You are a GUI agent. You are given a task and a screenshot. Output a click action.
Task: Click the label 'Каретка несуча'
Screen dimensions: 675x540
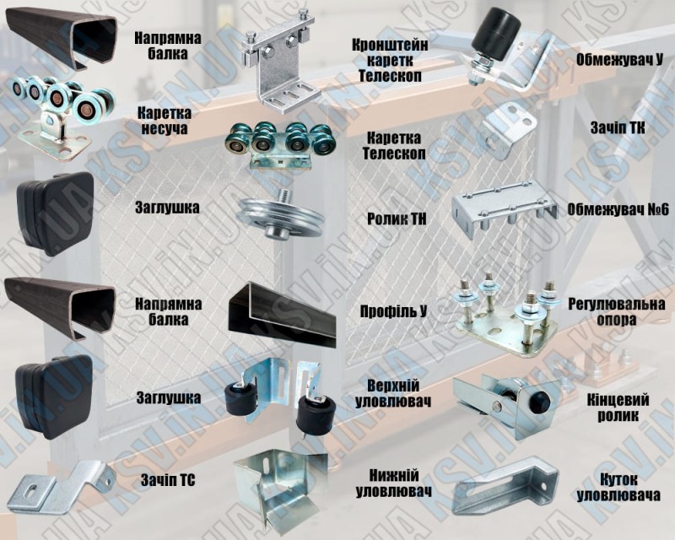click(164, 121)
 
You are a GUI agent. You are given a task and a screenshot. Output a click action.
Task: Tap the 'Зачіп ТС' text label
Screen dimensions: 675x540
click(168, 480)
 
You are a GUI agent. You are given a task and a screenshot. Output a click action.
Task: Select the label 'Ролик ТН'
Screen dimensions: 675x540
click(397, 219)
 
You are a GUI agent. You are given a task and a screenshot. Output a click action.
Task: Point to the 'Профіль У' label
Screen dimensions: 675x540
click(393, 311)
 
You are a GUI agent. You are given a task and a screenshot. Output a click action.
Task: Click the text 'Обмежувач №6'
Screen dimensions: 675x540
click(618, 210)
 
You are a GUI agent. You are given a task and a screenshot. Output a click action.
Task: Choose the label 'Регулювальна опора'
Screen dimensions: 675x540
click(617, 312)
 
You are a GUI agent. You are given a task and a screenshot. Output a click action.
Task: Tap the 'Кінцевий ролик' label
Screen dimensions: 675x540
click(618, 408)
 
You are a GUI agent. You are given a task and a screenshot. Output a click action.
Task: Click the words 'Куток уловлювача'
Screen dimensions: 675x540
click(618, 487)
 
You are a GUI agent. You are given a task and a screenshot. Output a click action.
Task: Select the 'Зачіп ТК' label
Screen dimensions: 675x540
click(618, 128)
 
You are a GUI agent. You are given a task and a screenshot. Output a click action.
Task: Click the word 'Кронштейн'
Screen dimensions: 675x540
click(390, 45)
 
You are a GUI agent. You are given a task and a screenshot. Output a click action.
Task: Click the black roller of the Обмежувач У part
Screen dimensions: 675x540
click(495, 33)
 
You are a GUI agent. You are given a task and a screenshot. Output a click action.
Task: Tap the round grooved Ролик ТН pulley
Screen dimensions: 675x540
click(279, 217)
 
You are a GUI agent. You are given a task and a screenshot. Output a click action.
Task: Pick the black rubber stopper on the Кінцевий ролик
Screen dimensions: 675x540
click(540, 401)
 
